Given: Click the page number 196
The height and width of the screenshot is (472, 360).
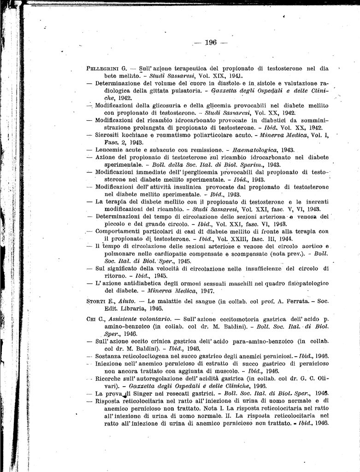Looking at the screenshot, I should [210, 42].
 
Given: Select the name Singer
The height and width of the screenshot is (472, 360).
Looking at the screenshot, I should [145, 394].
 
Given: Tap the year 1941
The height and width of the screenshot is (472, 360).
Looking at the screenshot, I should [235, 76].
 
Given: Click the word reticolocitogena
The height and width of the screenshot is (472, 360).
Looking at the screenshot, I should [151, 356].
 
